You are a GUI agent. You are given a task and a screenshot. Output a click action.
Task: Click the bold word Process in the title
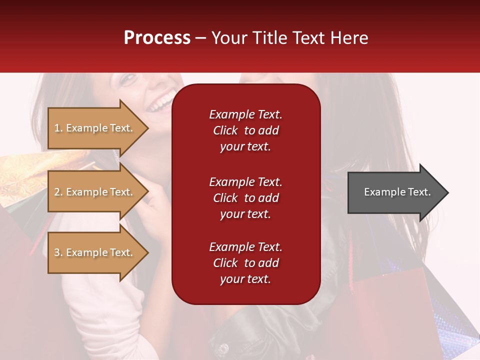pyautogui.click(x=157, y=38)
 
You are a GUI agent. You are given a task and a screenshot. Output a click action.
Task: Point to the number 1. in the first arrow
pyautogui.click(x=58, y=128)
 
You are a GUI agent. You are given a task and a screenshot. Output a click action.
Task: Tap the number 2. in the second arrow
pyautogui.click(x=58, y=192)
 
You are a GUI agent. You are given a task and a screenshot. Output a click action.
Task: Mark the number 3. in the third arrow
pyautogui.click(x=58, y=253)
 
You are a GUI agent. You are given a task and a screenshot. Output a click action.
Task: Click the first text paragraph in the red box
pyautogui.click(x=245, y=130)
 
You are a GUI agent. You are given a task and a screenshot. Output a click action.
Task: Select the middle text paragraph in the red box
pyautogui.click(x=245, y=198)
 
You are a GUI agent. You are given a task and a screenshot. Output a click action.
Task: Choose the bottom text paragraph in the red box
pyautogui.click(x=245, y=263)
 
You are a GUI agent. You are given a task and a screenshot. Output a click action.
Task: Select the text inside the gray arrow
pyautogui.click(x=397, y=192)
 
